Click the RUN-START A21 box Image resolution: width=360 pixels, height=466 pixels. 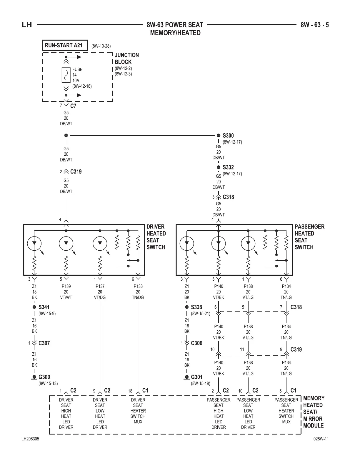pos(65,46)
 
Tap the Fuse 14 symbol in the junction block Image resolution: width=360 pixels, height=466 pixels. pos(66,75)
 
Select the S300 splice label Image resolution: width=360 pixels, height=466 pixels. pos(228,136)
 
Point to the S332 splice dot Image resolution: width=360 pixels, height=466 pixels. pos(219,167)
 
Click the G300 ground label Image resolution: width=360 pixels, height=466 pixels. pos(44,377)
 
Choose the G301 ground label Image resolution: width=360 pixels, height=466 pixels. pos(197,377)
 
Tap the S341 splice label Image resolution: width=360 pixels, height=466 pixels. pos(44,307)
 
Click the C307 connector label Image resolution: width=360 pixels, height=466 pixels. pos(44,343)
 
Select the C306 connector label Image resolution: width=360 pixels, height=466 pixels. pos(197,343)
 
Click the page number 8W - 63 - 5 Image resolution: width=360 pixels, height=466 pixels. pos(314,25)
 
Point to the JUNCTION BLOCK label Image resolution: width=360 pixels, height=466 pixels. pos(126,59)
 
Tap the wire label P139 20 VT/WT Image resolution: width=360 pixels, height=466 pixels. pos(66,292)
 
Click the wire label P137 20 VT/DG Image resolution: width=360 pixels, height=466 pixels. pos(100,292)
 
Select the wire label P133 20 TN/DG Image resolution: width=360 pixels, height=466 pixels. pos(138,292)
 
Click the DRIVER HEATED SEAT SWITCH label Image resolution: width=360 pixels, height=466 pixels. pos(156,237)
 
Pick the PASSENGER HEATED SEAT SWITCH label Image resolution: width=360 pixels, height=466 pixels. pos(309,237)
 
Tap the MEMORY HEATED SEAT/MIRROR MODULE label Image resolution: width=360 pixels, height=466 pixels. pos(314,412)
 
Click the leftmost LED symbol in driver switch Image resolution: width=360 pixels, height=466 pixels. pos(34,244)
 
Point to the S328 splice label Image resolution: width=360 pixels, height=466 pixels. pos(196,307)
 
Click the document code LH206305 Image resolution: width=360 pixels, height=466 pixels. pos(30,439)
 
